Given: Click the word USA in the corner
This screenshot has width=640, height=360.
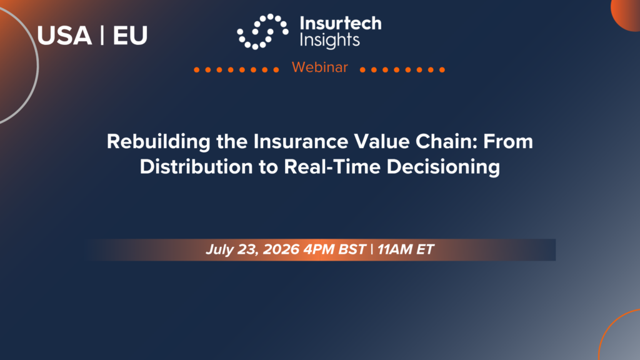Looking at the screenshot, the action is (x=64, y=36).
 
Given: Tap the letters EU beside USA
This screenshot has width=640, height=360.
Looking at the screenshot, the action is (x=130, y=36).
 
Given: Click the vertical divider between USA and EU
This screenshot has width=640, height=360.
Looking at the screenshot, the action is (x=102, y=36).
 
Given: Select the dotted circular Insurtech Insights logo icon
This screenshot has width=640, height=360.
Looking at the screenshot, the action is (x=263, y=31).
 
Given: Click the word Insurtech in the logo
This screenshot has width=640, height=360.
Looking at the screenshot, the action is (x=341, y=23).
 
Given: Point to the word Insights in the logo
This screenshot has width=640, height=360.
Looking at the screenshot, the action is (x=330, y=41).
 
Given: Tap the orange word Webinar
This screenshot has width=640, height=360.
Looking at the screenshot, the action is (x=320, y=67).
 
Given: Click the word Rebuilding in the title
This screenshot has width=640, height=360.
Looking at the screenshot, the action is (x=158, y=142).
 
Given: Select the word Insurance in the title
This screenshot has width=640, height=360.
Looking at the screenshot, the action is (x=301, y=142).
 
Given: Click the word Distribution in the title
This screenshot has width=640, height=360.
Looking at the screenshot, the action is (x=196, y=167).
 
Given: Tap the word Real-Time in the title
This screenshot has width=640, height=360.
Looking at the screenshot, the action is (x=332, y=167).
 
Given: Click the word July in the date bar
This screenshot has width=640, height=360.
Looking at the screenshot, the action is (x=219, y=250).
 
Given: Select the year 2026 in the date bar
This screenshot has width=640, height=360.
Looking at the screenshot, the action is (x=281, y=249).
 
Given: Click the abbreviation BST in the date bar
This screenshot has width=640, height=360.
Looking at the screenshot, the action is (x=352, y=249).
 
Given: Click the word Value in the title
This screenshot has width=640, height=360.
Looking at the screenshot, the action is (x=382, y=142).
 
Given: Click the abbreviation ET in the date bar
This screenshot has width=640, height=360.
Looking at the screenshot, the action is (x=425, y=249).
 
